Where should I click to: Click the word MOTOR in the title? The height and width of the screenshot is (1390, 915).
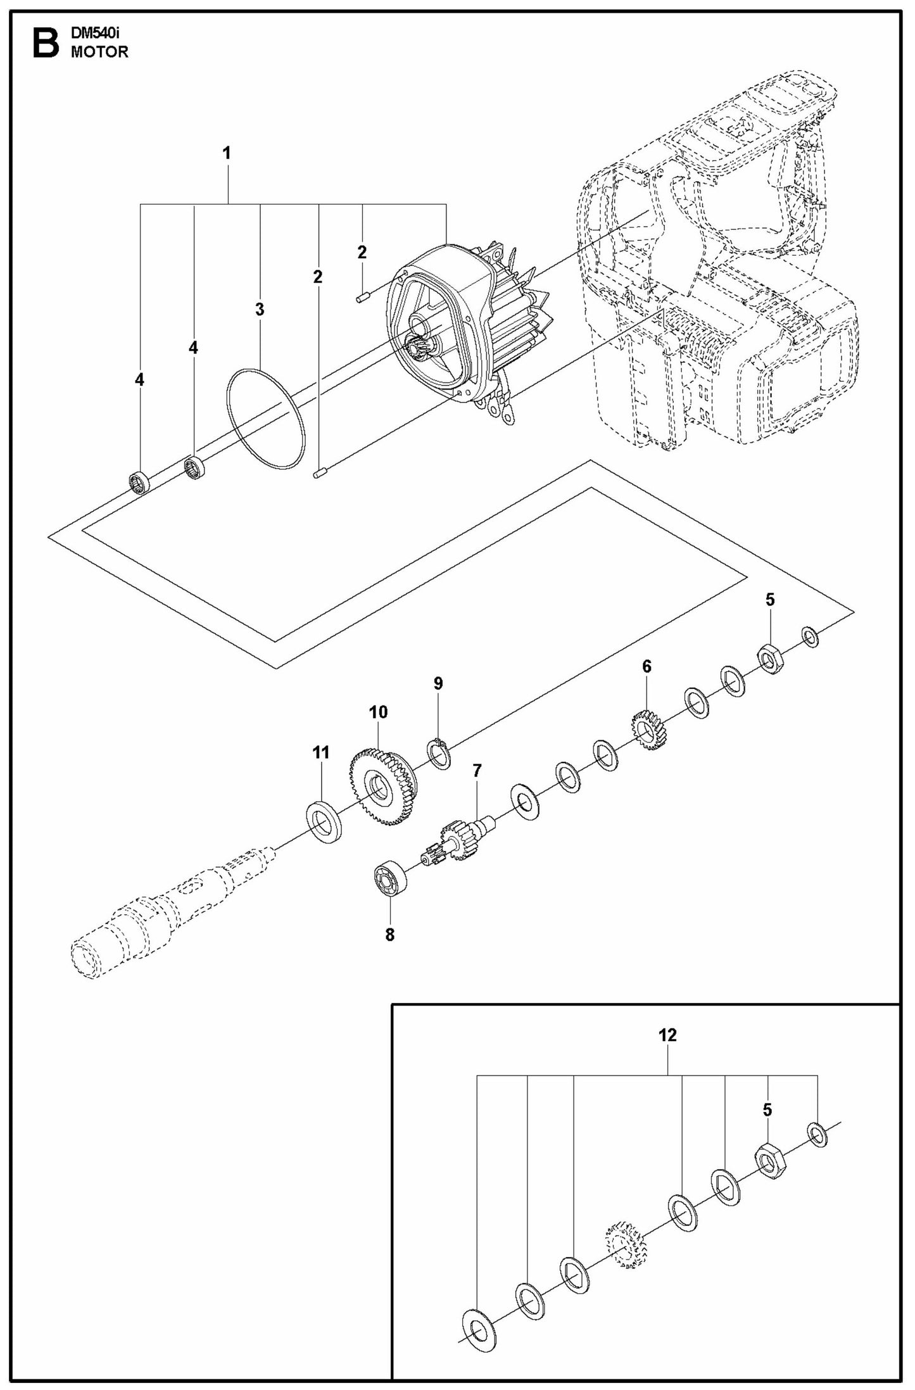tap(99, 53)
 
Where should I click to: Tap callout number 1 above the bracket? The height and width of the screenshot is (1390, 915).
tap(226, 153)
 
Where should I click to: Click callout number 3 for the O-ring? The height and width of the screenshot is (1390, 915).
tap(260, 309)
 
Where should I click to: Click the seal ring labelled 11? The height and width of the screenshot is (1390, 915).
tap(325, 823)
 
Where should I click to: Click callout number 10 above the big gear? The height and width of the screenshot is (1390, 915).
tap(378, 712)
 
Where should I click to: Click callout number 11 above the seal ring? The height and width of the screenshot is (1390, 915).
tap(321, 752)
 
